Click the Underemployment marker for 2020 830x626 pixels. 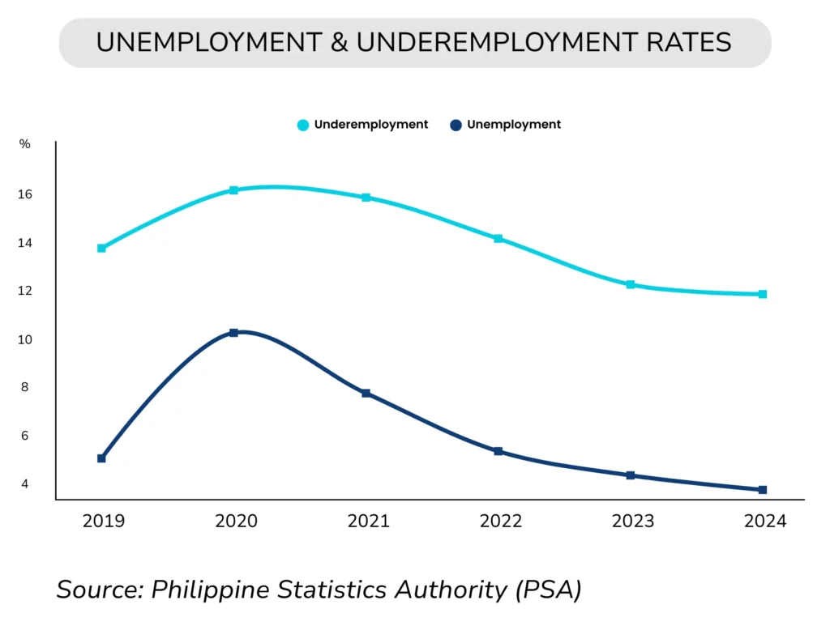coord(233,190)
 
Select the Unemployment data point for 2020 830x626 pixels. coord(233,333)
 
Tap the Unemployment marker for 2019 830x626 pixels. coord(101,458)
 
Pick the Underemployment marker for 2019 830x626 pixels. coord(101,248)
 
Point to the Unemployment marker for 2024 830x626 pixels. coord(763,490)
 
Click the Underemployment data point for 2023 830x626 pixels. coord(631,284)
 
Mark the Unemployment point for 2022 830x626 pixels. coord(498,451)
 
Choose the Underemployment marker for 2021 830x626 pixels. coord(366,198)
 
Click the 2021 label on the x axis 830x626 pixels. coord(368,522)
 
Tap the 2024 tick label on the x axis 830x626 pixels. coord(765,522)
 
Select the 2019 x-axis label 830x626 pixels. coord(104,522)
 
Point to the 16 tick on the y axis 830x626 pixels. coord(24,194)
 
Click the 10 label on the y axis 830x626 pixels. coord(24,339)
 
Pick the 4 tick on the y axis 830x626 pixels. coord(24,484)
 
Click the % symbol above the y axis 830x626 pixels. coord(24,145)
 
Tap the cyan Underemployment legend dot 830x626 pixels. coord(303,126)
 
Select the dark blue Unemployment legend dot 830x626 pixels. coord(456,126)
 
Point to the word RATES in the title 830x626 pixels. coord(683,43)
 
